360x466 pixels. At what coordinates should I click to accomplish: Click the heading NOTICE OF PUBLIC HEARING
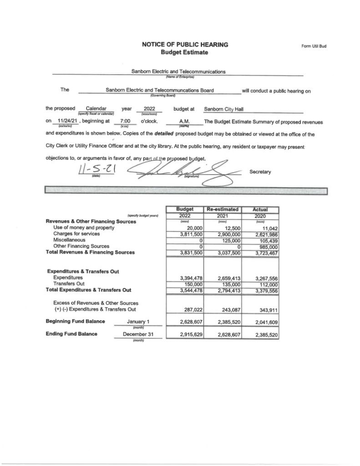point(185,45)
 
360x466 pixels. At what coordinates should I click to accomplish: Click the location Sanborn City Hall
point(224,109)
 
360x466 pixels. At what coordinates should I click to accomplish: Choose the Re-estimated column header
point(223,209)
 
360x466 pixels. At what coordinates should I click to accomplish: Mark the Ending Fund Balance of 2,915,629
point(185,334)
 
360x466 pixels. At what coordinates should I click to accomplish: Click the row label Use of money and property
point(83,228)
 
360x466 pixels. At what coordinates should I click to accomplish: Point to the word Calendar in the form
point(96,109)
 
